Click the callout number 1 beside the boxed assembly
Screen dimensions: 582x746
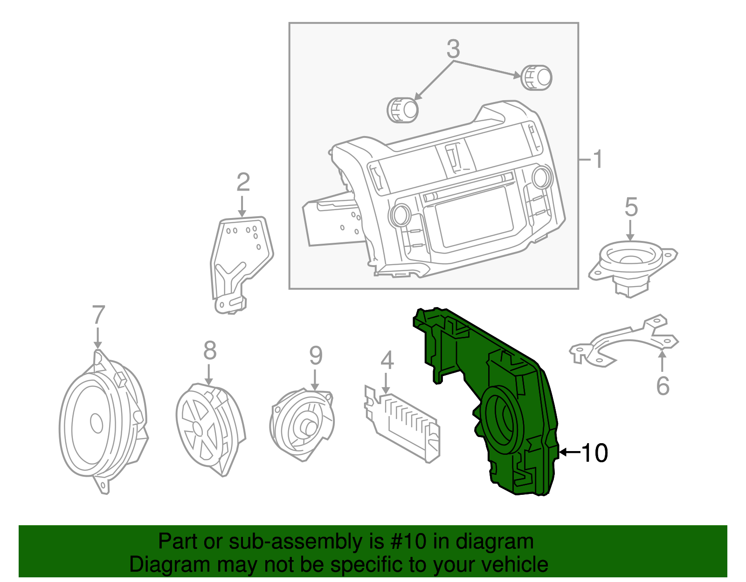pyautogui.click(x=597, y=159)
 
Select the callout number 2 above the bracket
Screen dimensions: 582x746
pyautogui.click(x=243, y=182)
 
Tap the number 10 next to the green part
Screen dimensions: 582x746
pyautogui.click(x=594, y=453)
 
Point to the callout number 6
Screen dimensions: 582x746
pyautogui.click(x=663, y=386)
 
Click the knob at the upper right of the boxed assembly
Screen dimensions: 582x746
pyautogui.click(x=537, y=78)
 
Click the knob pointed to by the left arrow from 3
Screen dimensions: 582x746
pyautogui.click(x=403, y=110)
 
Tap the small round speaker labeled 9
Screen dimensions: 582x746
pyautogui.click(x=302, y=424)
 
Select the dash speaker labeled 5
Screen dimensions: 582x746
pyautogui.click(x=631, y=266)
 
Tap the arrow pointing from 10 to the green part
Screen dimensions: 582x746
pyautogui.click(x=569, y=452)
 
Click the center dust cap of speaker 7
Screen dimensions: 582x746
pyautogui.click(x=96, y=423)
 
